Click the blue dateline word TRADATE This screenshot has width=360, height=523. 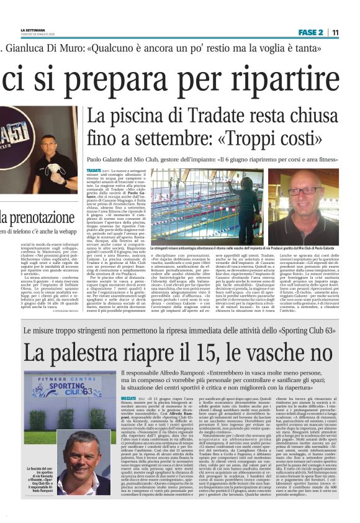pyautogui.click(x=94, y=170)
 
